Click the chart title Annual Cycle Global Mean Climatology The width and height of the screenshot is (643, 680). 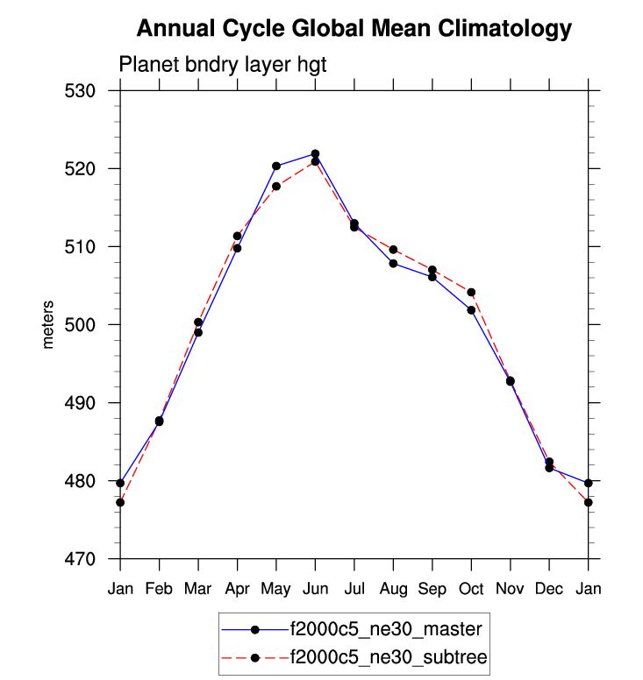(354, 30)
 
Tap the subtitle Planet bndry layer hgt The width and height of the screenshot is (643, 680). (223, 65)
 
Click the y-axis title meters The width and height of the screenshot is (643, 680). (48, 324)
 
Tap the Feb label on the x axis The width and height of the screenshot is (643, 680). (159, 589)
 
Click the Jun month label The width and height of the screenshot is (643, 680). (315, 589)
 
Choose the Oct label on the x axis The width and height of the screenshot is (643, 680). (471, 589)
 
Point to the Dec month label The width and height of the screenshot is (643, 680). (549, 589)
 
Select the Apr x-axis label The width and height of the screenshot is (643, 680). (237, 589)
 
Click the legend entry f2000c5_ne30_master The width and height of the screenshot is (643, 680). (385, 629)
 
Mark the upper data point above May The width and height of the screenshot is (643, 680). (276, 166)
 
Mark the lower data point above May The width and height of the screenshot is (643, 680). (276, 186)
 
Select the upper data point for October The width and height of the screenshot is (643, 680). (471, 292)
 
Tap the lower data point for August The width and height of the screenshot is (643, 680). (393, 263)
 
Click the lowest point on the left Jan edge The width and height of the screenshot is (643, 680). (120, 502)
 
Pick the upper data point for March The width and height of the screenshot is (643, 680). (198, 322)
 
